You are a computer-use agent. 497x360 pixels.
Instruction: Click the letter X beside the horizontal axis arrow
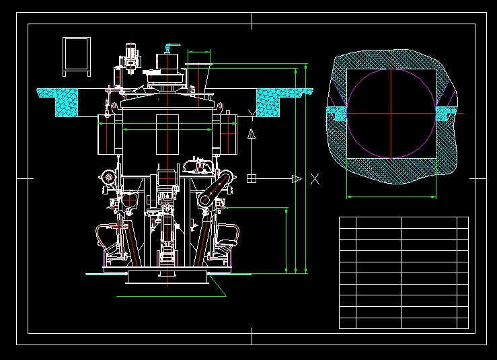315,179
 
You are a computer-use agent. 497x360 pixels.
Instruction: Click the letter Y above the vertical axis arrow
252,114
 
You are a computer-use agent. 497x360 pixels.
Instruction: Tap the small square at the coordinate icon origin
252,178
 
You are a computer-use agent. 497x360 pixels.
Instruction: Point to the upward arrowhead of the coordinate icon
252,133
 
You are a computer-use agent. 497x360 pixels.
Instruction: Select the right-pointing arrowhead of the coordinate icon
297,179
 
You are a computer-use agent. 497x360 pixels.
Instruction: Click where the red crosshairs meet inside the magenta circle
391,113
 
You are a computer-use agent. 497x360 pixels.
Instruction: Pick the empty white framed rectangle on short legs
77,57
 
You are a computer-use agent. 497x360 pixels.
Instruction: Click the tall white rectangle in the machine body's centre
167,135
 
